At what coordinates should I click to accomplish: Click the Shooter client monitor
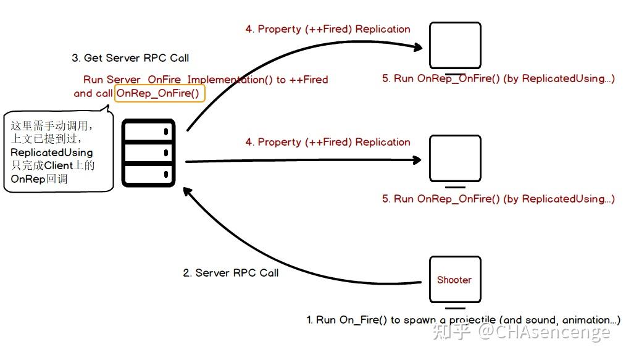pos(455,280)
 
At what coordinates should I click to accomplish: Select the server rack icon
pos(149,153)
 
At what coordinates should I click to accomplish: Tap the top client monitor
pos(455,46)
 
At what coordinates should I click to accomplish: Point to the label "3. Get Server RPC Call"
pos(130,58)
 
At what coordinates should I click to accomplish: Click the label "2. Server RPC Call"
pos(231,273)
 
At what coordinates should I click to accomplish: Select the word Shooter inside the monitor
pos(454,280)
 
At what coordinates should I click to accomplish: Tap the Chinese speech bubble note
pos(58,152)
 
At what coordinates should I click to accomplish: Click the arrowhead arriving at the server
pos(187,191)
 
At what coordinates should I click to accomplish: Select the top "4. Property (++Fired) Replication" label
pos(328,29)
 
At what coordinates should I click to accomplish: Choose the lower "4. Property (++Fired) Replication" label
pos(328,142)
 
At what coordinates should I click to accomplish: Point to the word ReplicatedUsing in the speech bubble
pos(51,153)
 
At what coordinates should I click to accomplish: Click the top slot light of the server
pos(166,132)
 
